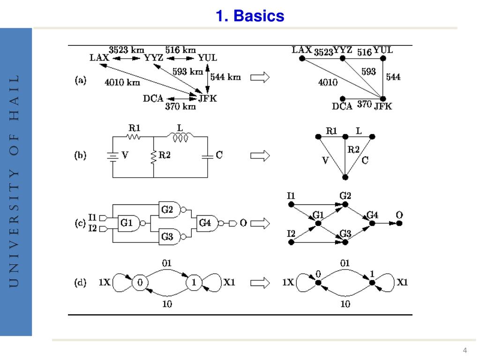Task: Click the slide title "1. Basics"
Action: [250, 16]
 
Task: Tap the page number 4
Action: [465, 351]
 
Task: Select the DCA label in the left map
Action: [153, 98]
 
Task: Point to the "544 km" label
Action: [225, 77]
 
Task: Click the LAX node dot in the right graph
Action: [302, 59]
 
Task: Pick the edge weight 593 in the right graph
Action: [368, 72]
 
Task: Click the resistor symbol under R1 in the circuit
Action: [134, 137]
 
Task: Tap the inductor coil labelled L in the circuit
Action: [180, 137]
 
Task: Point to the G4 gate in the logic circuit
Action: [206, 224]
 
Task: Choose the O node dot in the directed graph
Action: [399, 224]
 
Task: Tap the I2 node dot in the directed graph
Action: [291, 242]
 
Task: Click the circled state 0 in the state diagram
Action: [139, 283]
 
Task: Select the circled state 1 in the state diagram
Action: [194, 283]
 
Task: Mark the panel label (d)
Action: [81, 283]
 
